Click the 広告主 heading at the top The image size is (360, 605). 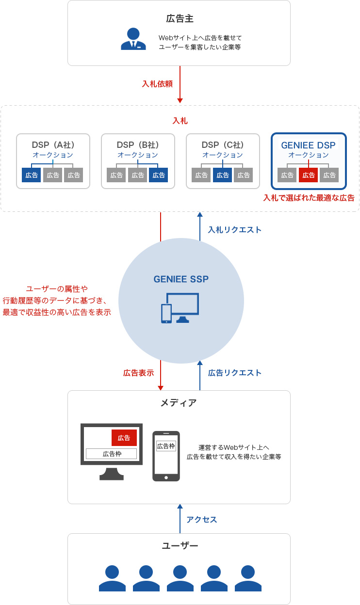tap(180, 19)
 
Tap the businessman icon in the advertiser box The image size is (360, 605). tap(133, 39)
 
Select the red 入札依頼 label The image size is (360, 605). tap(157, 84)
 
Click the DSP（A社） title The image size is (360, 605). tap(53, 145)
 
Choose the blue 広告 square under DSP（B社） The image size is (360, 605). tap(159, 175)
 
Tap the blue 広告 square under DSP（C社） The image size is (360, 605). tap(222, 175)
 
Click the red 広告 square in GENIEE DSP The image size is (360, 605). tap(309, 175)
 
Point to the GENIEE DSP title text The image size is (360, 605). tap(308, 145)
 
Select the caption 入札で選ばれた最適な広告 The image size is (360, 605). tap(309, 198)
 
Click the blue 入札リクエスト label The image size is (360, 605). tap(235, 230)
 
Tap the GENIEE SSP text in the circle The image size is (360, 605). tap(181, 279)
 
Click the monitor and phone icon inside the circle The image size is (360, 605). tap(180, 308)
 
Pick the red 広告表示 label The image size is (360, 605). tap(138, 373)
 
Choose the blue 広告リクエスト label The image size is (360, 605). tap(235, 373)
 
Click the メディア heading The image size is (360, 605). tap(179, 403)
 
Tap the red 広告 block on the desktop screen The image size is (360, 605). tap(124, 438)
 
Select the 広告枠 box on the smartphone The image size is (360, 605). tap(166, 446)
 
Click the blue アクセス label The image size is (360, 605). tap(202, 520)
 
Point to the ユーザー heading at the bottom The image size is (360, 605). tap(180, 546)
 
